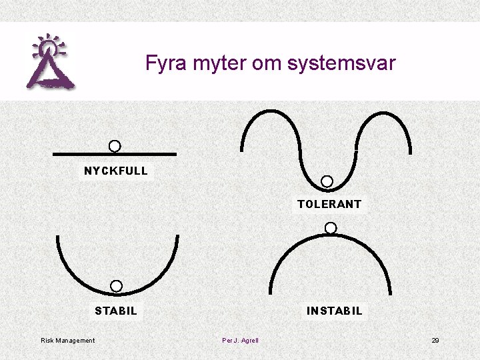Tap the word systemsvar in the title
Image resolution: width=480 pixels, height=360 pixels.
click(x=341, y=64)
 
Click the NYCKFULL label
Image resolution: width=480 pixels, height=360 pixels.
click(x=115, y=171)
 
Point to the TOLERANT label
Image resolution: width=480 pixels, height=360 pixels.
click(x=329, y=204)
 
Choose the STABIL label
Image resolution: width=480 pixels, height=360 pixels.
click(x=116, y=311)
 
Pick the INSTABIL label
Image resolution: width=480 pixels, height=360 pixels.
click(x=334, y=311)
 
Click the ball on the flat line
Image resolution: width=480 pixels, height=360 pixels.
click(x=115, y=146)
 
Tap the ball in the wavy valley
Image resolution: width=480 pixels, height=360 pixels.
click(x=327, y=181)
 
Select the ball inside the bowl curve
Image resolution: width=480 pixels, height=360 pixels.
click(x=116, y=286)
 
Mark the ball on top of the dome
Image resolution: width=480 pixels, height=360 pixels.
click(x=331, y=228)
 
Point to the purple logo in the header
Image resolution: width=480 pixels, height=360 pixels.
click(x=49, y=61)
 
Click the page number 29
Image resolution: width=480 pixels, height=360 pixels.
click(x=435, y=341)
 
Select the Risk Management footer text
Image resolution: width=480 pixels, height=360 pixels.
click(x=68, y=341)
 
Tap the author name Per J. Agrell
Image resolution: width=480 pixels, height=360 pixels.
click(x=240, y=341)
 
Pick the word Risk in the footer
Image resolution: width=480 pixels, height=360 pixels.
click(x=47, y=341)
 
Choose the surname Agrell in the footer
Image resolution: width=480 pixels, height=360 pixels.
click(x=249, y=341)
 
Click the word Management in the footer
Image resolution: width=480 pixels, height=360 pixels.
click(x=75, y=341)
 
